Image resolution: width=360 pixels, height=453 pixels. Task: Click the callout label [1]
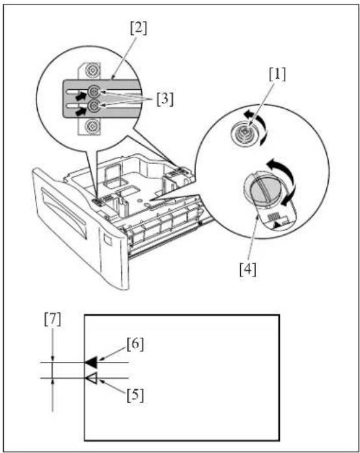277,75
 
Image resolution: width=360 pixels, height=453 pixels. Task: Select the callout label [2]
139,29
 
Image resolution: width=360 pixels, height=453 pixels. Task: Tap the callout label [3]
165,100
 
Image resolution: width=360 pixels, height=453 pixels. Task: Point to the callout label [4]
248,270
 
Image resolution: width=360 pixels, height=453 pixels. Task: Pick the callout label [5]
135,396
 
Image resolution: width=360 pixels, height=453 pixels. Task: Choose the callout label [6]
135,344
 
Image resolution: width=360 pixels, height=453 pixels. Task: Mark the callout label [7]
53,320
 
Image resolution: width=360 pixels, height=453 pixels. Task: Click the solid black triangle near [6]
91,362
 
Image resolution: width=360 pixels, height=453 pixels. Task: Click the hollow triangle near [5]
91,378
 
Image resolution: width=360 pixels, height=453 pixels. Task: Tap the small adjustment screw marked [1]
244,133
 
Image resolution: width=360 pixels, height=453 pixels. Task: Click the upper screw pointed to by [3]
93,92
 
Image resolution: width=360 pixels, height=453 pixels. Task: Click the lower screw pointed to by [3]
93,105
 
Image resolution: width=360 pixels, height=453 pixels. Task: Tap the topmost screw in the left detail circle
92,70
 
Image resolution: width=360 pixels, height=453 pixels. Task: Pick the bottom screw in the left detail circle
92,126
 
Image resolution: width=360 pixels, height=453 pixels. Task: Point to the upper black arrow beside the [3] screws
81,96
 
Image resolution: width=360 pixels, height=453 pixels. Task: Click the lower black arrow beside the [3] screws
81,110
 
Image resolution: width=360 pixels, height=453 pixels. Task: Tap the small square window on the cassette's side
108,240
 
